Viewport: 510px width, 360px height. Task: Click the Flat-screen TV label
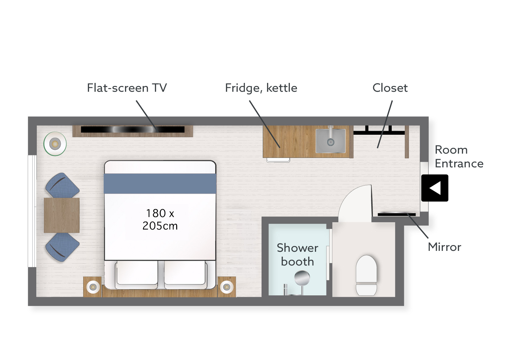pos(127,88)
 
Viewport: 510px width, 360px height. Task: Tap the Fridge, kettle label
pos(261,88)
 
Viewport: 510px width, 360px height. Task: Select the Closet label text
pos(390,88)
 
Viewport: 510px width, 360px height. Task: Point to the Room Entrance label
pos(459,157)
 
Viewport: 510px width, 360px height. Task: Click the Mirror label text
pos(444,247)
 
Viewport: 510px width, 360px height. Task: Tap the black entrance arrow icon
pos(435,188)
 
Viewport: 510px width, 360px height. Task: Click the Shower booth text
pos(297,255)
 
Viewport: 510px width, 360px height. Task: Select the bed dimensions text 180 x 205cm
pos(160,219)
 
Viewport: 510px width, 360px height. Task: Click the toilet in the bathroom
pos(366,275)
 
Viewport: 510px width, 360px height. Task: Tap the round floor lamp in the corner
pos(55,144)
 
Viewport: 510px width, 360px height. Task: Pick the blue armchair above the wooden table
pos(62,185)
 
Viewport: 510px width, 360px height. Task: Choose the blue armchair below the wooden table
pos(62,247)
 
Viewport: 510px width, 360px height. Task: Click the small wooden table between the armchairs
pos(62,215)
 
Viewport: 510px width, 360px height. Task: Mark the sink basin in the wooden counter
pos(330,141)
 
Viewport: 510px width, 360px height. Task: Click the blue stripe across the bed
pos(160,184)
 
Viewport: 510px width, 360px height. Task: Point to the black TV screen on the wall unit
pos(133,129)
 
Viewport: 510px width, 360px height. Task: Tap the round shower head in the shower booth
pos(302,278)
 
